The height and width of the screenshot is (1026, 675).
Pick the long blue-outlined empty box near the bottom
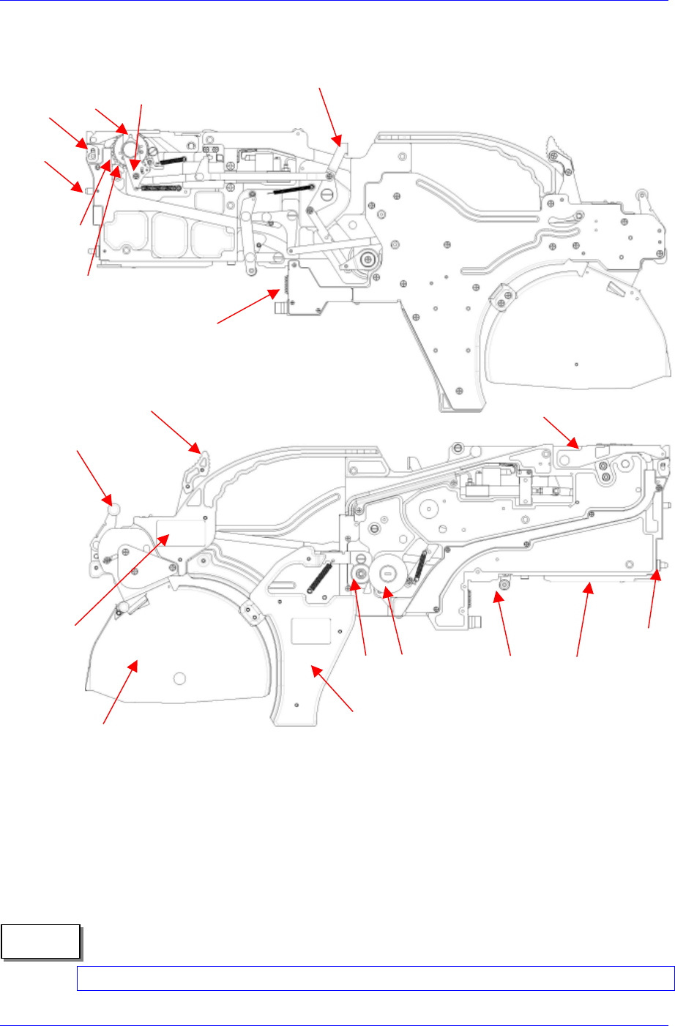tap(375, 978)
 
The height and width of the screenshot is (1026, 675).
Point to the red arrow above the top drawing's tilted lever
tap(329, 113)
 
